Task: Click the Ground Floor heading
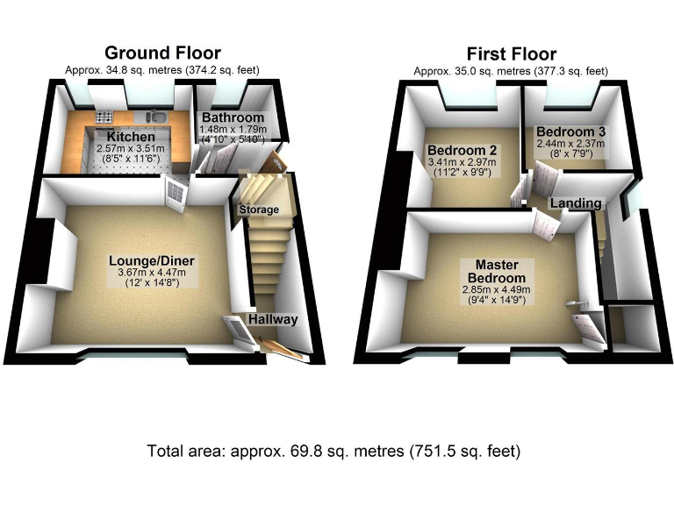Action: [162, 53]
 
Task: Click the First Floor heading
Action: [511, 53]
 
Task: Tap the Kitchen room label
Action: [131, 138]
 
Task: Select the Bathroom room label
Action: [233, 118]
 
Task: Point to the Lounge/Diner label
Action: [152, 261]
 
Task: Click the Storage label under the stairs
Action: [259, 210]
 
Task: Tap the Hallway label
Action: [273, 320]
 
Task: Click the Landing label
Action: [576, 203]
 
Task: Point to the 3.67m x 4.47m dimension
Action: [153, 274]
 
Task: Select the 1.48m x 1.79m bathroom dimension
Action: [232, 131]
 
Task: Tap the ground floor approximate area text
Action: [162, 70]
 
